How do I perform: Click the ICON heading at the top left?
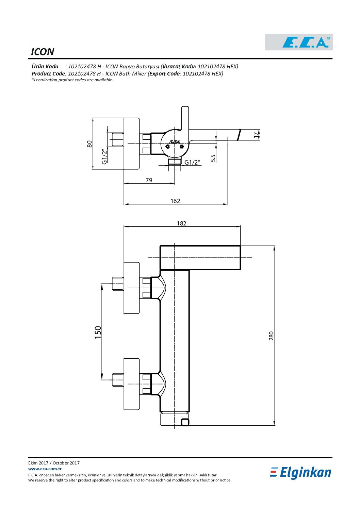[43, 52]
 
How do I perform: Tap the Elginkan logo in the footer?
[300, 473]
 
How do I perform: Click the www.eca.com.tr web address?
[45, 469]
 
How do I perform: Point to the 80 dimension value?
[89, 144]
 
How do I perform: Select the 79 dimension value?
[149, 180]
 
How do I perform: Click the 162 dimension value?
[175, 201]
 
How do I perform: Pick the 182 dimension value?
[181, 223]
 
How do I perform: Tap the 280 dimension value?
[271, 336]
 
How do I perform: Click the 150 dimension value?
[98, 332]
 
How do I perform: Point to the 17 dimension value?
[256, 135]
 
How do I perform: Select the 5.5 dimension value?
[213, 158]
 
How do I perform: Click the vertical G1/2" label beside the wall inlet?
[104, 156]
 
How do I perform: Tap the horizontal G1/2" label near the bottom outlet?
[192, 162]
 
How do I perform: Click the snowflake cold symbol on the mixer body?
[168, 147]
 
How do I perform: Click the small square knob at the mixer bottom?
[185, 422]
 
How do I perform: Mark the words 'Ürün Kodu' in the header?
[45, 67]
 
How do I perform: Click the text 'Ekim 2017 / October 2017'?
[54, 463]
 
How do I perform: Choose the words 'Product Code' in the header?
[48, 74]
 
